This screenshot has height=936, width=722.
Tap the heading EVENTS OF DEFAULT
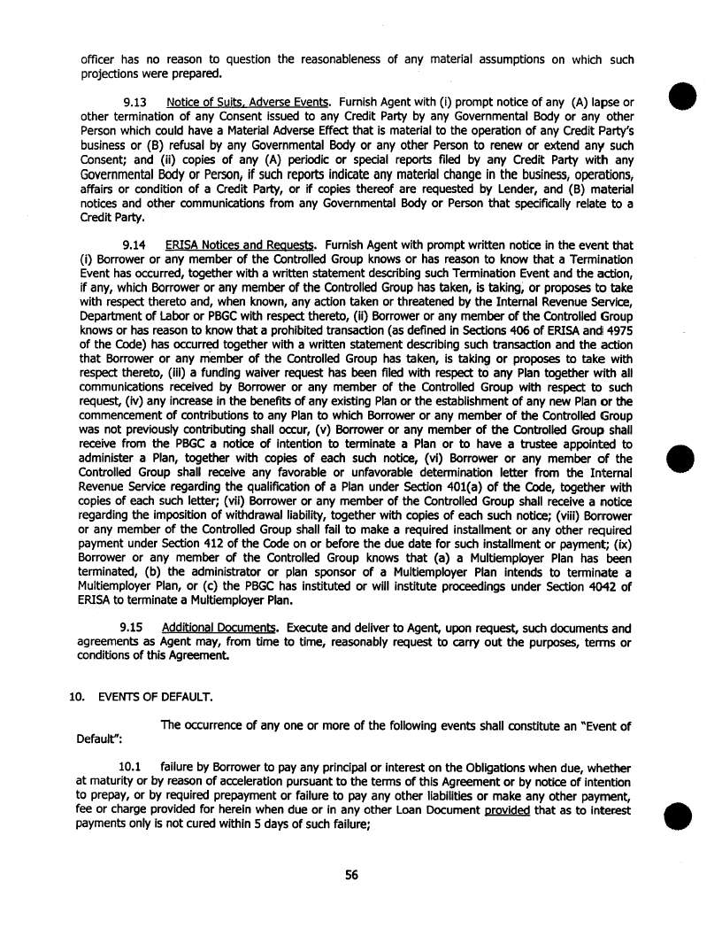click(142, 696)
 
